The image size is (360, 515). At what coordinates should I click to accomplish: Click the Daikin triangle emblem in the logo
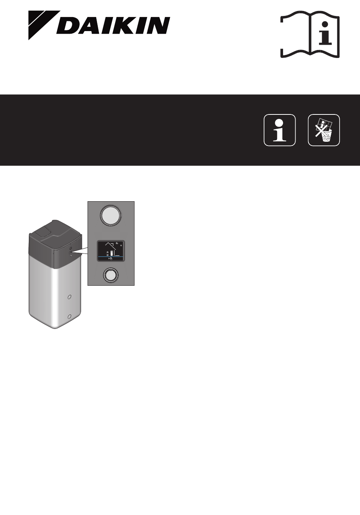40,23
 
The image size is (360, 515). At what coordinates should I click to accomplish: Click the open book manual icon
310,34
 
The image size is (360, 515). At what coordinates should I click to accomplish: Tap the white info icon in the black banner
280,130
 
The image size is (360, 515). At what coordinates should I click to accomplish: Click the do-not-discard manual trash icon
324,130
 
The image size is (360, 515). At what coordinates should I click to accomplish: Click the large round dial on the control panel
111,215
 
